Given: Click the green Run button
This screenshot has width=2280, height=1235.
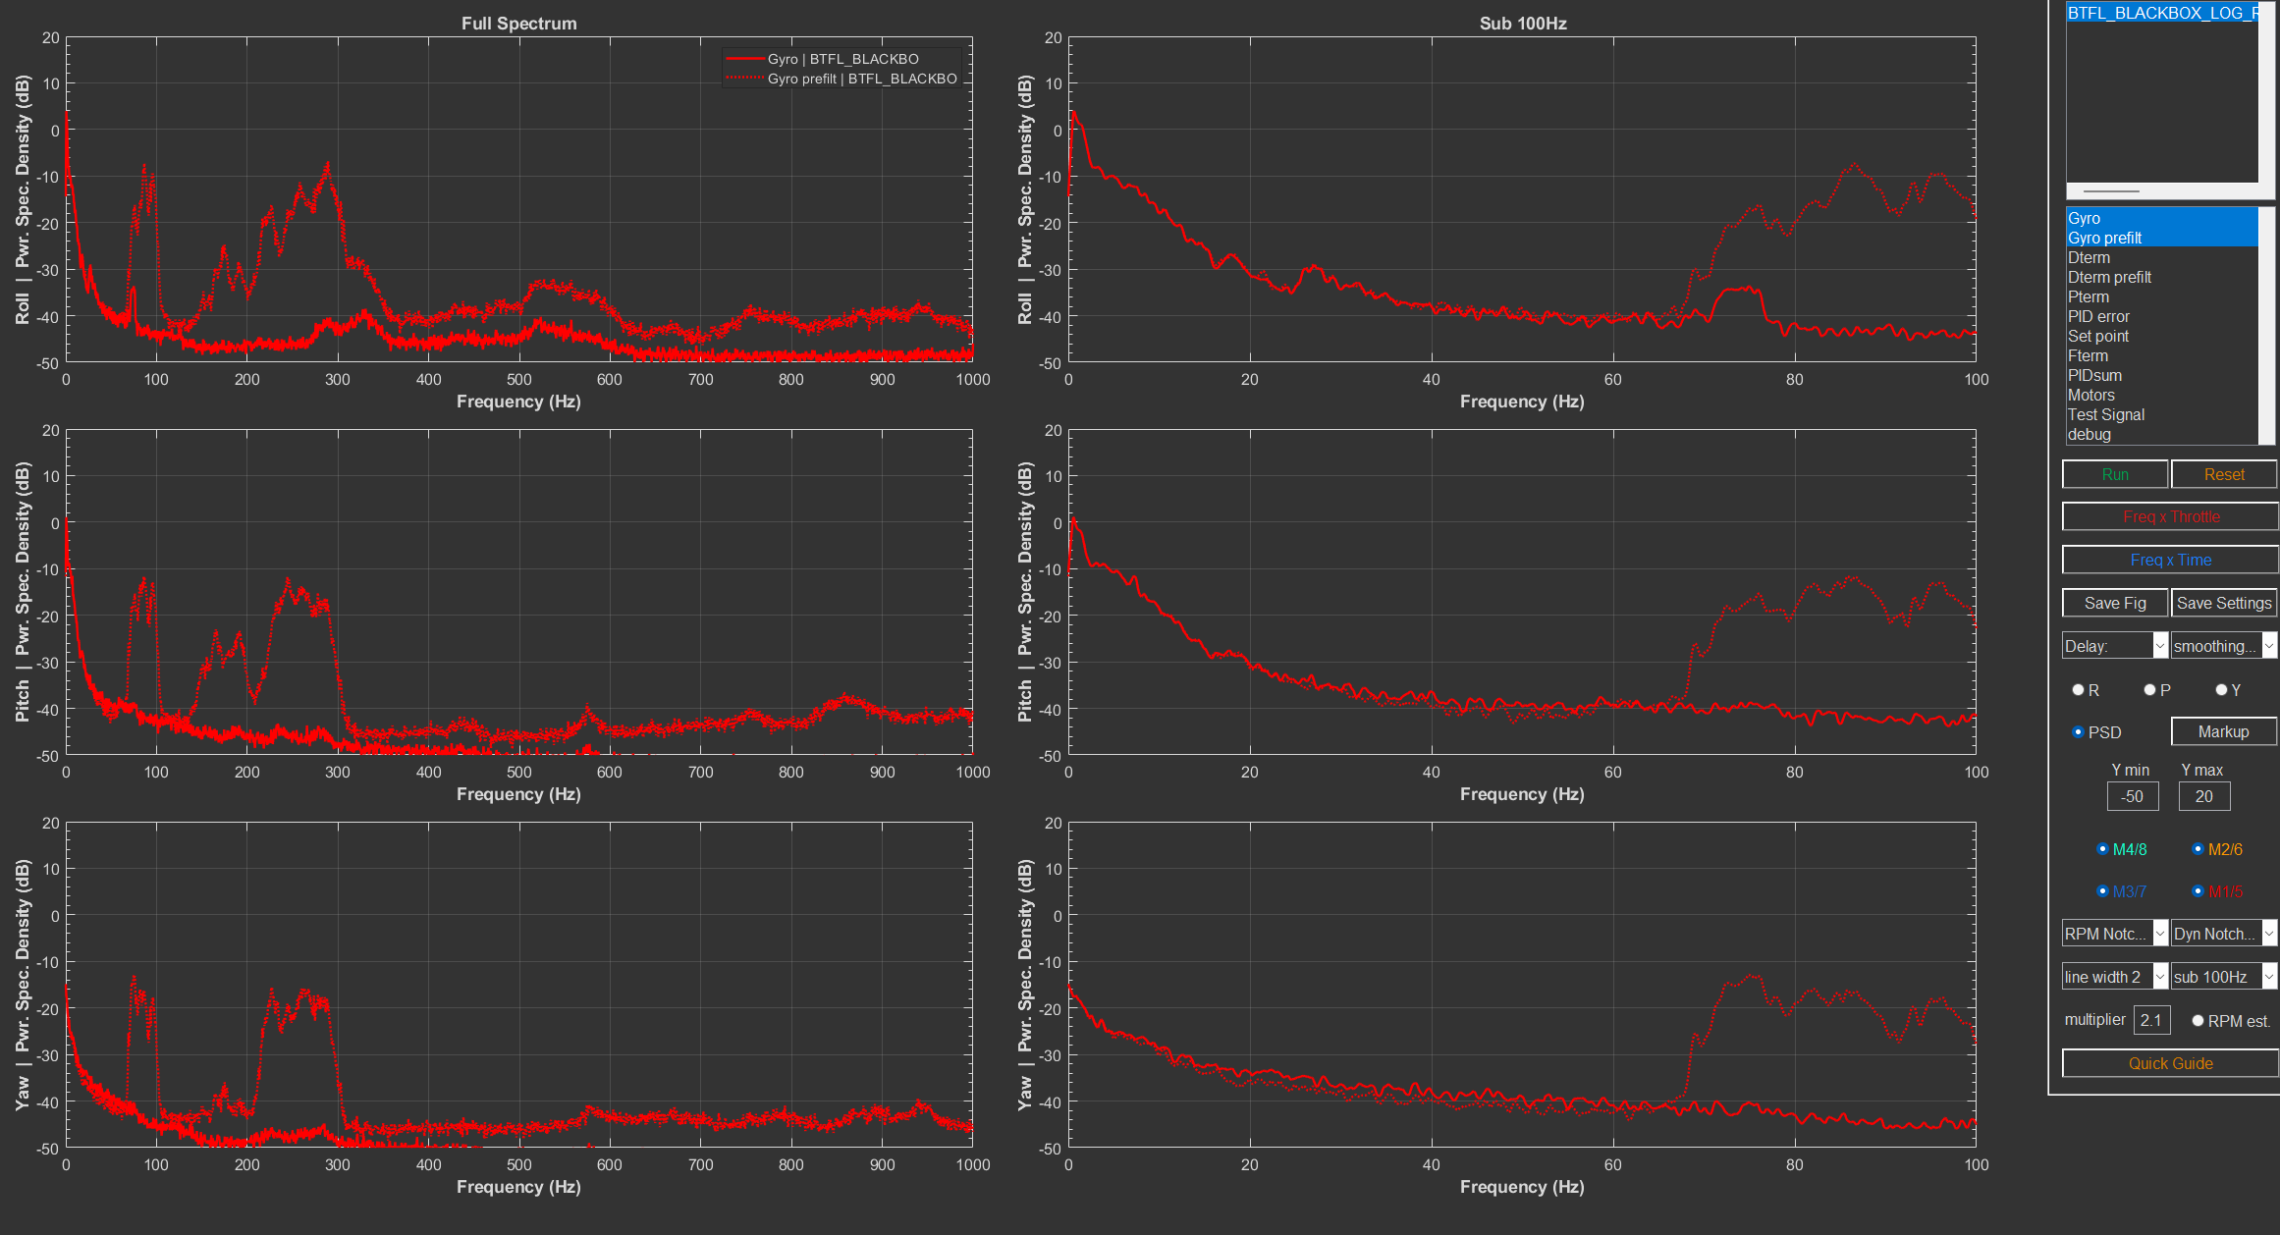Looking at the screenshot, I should [x=2114, y=474].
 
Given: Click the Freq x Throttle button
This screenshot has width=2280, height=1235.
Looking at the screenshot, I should [x=2170, y=516].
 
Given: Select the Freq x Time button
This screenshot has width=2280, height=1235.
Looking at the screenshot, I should [x=2170, y=560].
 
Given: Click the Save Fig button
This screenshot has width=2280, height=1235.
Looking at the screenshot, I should [x=2114, y=603].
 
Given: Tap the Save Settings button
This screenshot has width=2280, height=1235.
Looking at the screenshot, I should [x=2223, y=603].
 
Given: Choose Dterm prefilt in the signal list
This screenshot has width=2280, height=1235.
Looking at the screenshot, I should [x=2109, y=277].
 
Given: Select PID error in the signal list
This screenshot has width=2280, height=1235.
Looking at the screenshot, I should [x=2098, y=316].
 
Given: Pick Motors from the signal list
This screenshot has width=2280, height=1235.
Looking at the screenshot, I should [x=2090, y=395].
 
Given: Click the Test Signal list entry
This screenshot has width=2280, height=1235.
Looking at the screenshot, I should [x=2105, y=414].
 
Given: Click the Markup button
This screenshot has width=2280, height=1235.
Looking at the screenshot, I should [x=2223, y=731].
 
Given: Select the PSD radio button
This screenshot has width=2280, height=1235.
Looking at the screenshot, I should [x=2078, y=731].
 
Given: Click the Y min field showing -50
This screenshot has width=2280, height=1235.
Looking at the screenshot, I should [x=2132, y=796].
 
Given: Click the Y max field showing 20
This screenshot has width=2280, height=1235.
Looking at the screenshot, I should [x=2203, y=796].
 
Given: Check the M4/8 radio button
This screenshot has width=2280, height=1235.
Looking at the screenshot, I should [x=2102, y=849].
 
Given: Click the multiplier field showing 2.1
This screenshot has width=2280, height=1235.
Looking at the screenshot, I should [x=2150, y=1020].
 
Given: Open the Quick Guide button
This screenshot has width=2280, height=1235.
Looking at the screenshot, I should [x=2170, y=1063].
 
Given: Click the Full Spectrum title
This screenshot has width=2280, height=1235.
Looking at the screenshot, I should [x=518, y=23].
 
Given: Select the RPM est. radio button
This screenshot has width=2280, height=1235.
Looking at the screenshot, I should [x=2198, y=1021].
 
